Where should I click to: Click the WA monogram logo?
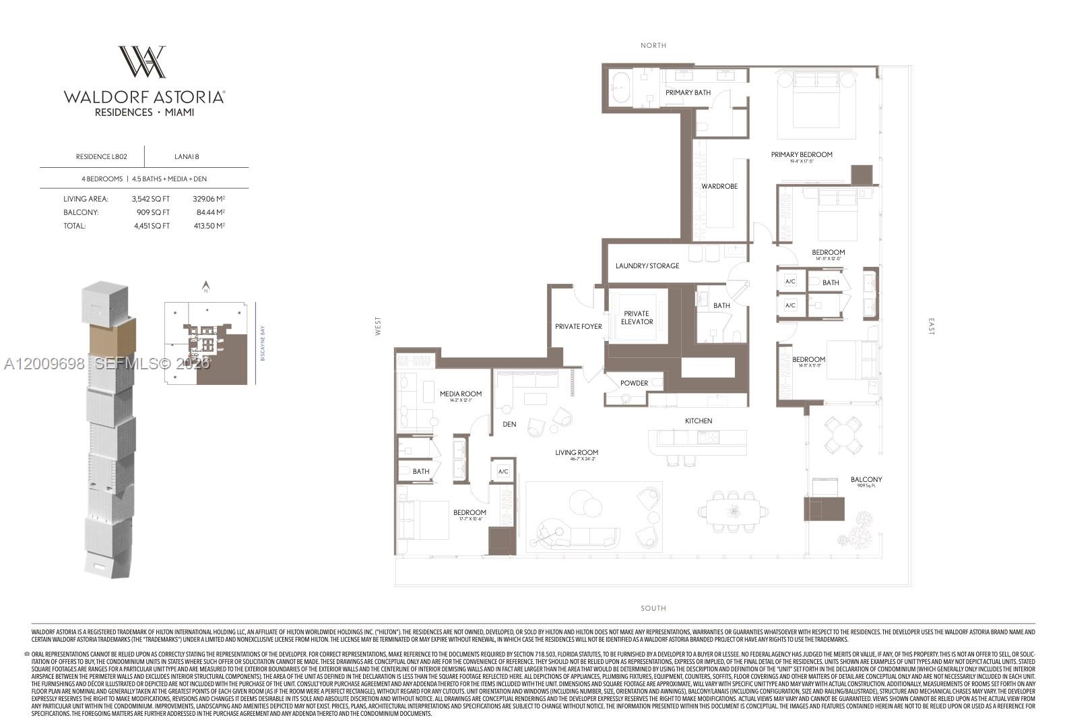(143, 62)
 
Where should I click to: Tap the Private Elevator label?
(637, 317)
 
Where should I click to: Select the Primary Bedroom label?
(802, 154)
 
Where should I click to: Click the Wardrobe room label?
(719, 186)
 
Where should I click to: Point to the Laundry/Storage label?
(647, 266)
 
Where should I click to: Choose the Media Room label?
(461, 394)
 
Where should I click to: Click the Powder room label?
(634, 383)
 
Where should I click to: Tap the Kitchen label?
(699, 421)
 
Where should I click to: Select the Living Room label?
(577, 453)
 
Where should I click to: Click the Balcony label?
(866, 480)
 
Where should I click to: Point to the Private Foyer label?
(578, 326)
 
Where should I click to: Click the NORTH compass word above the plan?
(653, 45)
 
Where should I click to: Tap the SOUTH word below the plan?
(653, 608)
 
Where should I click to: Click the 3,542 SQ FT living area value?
(151, 199)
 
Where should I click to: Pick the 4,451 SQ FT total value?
(151, 226)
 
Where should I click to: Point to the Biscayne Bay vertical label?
(263, 343)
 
